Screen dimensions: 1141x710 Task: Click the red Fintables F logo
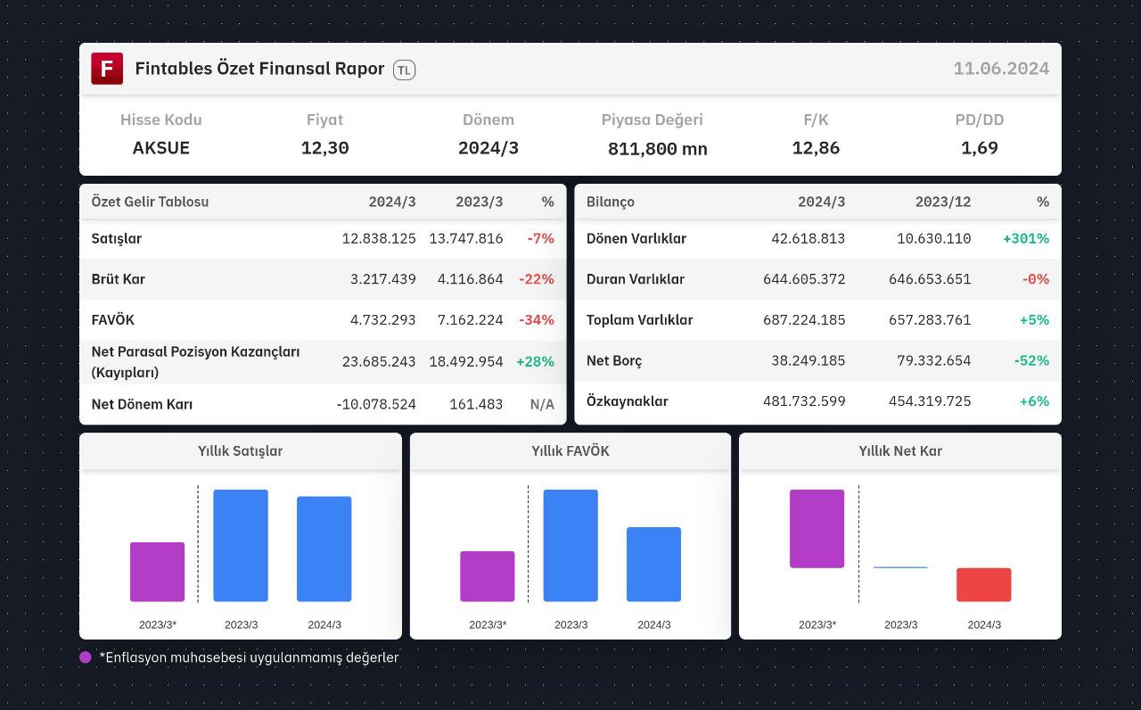pyautogui.click(x=107, y=69)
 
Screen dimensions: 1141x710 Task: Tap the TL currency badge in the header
pyautogui.click(x=404, y=70)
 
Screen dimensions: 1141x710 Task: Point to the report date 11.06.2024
pyautogui.click(x=1001, y=69)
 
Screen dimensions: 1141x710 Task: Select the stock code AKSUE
pyautogui.click(x=161, y=148)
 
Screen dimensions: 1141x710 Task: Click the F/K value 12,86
pyautogui.click(x=816, y=148)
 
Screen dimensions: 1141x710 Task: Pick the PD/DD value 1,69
pyautogui.click(x=979, y=148)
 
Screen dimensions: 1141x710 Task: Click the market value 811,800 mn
pyautogui.click(x=657, y=149)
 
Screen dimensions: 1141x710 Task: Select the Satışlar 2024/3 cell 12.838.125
pyautogui.click(x=379, y=238)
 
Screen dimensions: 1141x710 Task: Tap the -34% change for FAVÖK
pyautogui.click(x=537, y=320)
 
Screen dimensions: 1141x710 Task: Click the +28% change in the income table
pyautogui.click(x=535, y=362)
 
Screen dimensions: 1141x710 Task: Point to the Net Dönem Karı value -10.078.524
pyautogui.click(x=376, y=404)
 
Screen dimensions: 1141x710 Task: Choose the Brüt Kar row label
pyautogui.click(x=119, y=279)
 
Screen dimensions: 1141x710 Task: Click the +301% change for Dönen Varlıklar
pyautogui.click(x=1026, y=238)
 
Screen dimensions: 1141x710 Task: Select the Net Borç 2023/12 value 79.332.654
pyautogui.click(x=933, y=361)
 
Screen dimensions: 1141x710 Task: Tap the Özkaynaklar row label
pyautogui.click(x=627, y=401)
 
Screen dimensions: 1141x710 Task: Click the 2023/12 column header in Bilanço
pyautogui.click(x=943, y=202)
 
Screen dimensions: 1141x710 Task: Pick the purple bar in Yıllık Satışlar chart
pyautogui.click(x=158, y=572)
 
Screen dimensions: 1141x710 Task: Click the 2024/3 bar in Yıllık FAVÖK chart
pyautogui.click(x=653, y=565)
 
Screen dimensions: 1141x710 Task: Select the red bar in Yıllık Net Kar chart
pyautogui.click(x=983, y=584)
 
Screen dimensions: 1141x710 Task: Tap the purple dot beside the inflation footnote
pyautogui.click(x=85, y=657)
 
